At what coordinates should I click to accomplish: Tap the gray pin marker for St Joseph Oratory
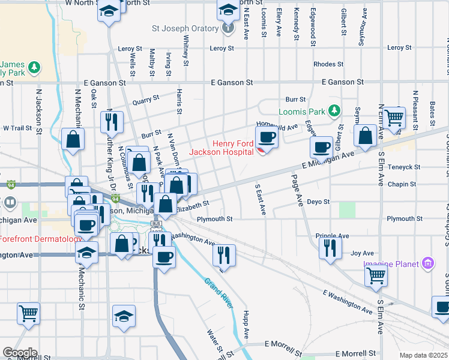click(228, 28)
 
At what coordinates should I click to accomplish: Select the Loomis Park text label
click(301, 112)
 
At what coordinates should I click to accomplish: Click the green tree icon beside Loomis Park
click(334, 111)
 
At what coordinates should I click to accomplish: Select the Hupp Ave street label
click(246, 324)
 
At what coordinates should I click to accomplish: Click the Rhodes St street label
click(328, 64)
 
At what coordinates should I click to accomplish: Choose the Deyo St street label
click(318, 202)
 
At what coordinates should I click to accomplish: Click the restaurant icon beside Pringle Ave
click(330, 247)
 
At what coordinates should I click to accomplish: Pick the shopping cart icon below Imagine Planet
click(376, 275)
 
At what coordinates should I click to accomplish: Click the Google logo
click(20, 353)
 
